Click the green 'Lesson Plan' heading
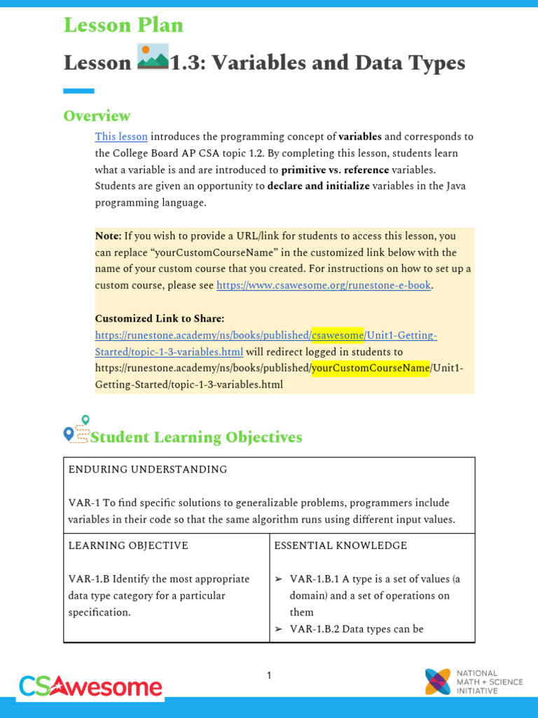click(x=123, y=25)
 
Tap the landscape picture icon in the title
click(x=153, y=57)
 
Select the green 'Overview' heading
click(x=97, y=116)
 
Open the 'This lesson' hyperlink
click(x=121, y=137)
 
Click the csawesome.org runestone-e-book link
click(x=323, y=285)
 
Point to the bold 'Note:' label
click(x=108, y=236)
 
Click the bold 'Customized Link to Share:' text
click(x=160, y=318)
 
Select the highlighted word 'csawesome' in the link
click(x=338, y=335)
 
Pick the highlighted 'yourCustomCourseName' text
click(x=371, y=368)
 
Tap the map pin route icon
click(x=77, y=429)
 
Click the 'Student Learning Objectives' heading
click(x=197, y=438)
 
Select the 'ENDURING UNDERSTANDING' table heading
click(x=148, y=470)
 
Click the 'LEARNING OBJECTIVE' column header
click(x=128, y=546)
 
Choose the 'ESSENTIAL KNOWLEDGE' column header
click(x=340, y=546)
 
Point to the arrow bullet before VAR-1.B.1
click(x=279, y=579)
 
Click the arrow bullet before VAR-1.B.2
click(x=279, y=629)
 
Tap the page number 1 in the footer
click(x=269, y=676)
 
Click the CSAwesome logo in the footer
click(x=90, y=686)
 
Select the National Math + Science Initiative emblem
click(x=438, y=682)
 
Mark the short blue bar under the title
click(x=78, y=90)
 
